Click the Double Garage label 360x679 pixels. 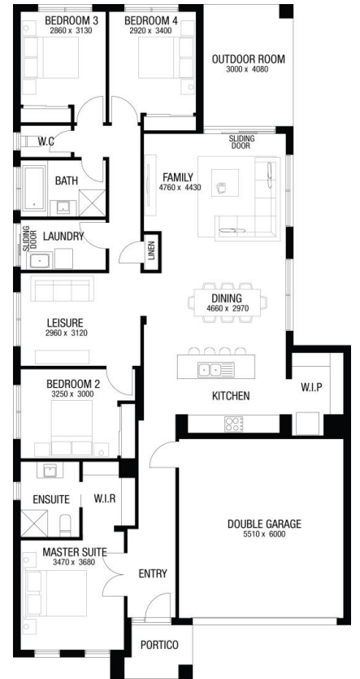click(264, 524)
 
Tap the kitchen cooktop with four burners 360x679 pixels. click(234, 424)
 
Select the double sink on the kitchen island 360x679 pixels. click(216, 370)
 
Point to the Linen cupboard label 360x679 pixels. click(151, 252)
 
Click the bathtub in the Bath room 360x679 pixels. click(34, 187)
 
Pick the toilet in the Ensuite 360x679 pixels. click(66, 525)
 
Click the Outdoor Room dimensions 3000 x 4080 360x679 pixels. click(248, 69)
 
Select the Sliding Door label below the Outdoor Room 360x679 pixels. click(242, 142)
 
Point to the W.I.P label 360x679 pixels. click(311, 387)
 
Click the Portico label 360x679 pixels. click(159, 645)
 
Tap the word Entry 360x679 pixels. click(153, 574)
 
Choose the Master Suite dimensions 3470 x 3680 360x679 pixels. click(74, 563)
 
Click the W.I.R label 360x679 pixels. click(105, 498)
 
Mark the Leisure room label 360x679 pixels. click(65, 323)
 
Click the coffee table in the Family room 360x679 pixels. click(225, 182)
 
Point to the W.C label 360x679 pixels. click(46, 141)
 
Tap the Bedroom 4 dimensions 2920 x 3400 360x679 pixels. click(150, 31)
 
